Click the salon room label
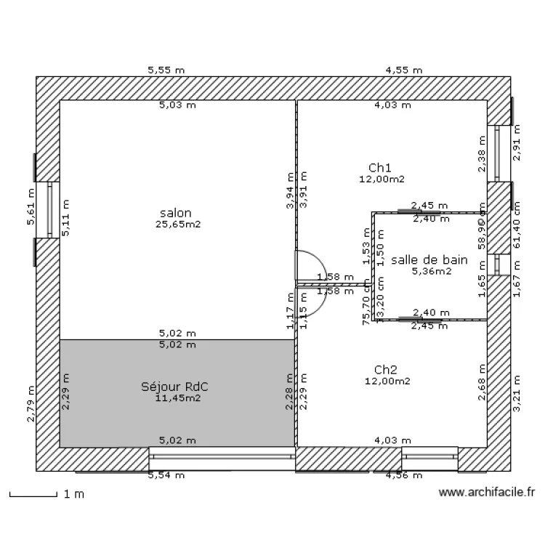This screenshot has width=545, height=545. coord(175,213)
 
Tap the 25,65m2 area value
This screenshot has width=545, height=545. coord(177,225)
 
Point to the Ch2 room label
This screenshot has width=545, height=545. coord(386,369)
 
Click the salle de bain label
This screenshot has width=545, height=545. coord(429,259)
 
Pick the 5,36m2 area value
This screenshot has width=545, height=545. coord(432,271)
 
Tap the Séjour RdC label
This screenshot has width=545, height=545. coord(179,387)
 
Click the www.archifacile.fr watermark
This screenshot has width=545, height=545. coord(487,493)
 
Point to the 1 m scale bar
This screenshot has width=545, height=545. coord(33,495)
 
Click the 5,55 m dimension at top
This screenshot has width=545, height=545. coord(166,70)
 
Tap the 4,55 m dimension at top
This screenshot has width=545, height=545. coord(404,70)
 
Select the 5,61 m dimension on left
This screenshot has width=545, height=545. coord(31,207)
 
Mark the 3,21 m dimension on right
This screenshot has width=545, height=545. coord(517,394)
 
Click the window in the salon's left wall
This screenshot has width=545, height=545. coord(50,209)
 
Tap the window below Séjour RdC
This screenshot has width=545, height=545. coord(222,458)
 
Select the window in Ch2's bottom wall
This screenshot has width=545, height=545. coord(429,458)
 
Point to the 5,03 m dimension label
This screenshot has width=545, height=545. coord(178,105)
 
